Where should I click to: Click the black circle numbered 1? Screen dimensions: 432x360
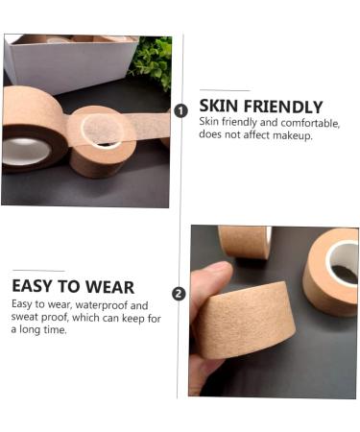pos(180,110)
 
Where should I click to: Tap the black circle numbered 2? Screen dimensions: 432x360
pos(179,293)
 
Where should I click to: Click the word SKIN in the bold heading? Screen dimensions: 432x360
pos(219,107)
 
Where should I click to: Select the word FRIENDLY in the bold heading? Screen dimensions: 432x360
pos(282,107)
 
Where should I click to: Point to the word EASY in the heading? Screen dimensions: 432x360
pos(36,286)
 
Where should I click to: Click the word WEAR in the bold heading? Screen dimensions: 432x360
pos(108,286)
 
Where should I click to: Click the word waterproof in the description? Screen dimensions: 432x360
pos(101,304)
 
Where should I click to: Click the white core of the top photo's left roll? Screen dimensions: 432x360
pos(27,150)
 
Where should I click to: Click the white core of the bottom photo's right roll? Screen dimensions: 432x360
pos(343,259)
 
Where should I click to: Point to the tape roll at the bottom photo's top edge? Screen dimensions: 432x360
pos(244,240)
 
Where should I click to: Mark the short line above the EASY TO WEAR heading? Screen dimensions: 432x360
pos(39,271)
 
